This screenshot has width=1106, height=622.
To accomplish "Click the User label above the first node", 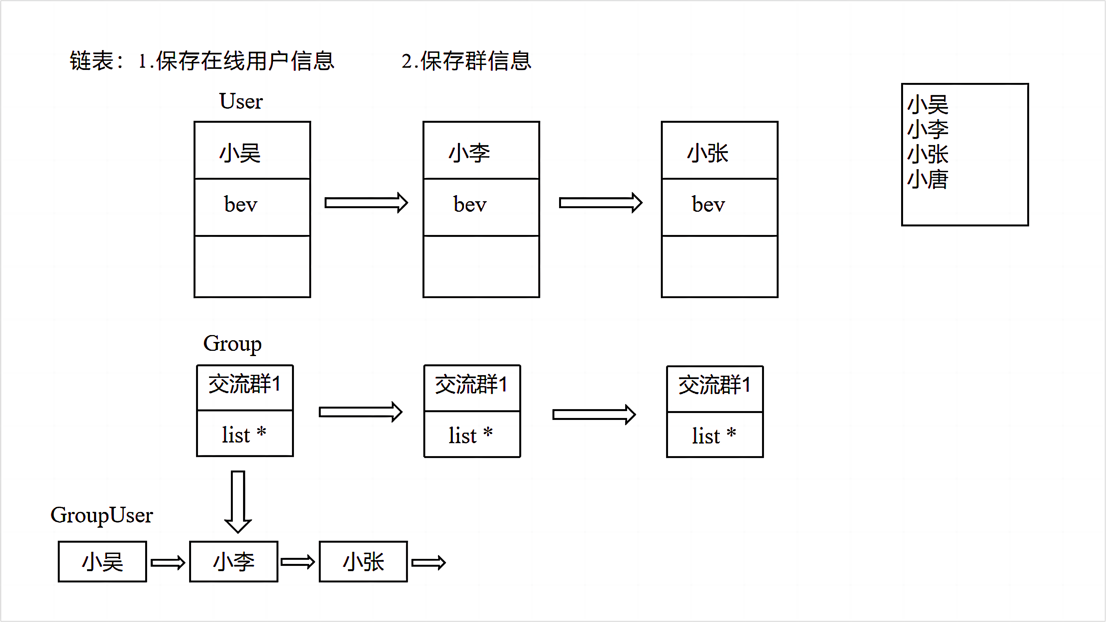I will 241,101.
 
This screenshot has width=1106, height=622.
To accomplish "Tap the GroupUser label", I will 102,515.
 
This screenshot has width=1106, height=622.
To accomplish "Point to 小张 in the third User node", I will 708,153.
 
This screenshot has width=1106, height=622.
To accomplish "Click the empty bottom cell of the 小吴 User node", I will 252,266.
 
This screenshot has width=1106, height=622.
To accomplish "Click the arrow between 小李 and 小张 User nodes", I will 600,203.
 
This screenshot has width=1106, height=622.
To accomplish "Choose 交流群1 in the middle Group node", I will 471,385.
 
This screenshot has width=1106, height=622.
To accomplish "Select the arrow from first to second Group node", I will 360,412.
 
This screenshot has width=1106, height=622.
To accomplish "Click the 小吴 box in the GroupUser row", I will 102,561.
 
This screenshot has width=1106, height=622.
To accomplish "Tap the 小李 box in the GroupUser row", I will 234,561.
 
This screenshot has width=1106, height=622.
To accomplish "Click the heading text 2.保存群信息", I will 466,61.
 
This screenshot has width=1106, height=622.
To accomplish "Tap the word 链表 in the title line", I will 92,61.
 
